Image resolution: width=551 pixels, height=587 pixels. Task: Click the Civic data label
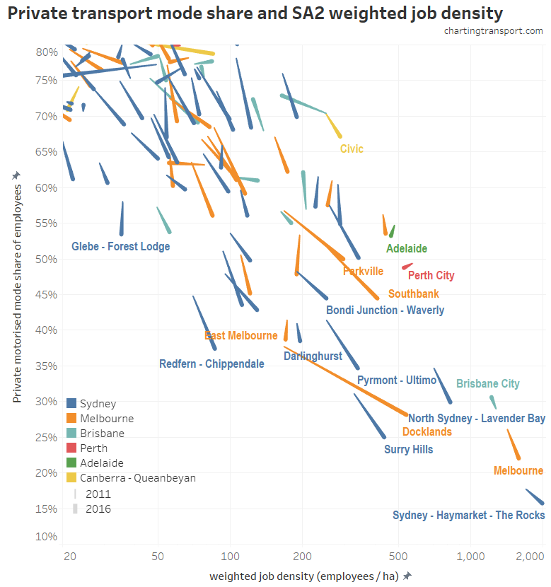(352, 149)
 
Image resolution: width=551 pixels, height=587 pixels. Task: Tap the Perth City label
(431, 276)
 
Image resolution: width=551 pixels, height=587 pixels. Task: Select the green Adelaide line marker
(391, 231)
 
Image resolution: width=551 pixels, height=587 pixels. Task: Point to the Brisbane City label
(487, 384)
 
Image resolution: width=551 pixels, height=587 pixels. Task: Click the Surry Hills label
(408, 449)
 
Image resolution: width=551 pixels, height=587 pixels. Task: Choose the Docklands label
(427, 431)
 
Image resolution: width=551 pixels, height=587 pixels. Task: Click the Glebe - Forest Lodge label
(121, 247)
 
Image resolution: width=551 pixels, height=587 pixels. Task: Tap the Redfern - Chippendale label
(211, 364)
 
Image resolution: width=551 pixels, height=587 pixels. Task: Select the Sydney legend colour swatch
(71, 404)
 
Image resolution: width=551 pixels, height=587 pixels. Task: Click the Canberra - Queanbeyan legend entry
(137, 478)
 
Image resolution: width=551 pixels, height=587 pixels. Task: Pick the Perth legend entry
(93, 448)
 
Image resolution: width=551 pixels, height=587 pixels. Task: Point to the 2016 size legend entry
(98, 508)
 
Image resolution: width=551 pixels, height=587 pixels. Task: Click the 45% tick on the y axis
(47, 295)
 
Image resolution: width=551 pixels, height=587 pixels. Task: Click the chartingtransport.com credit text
(493, 30)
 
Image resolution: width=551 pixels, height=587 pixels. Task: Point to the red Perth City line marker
(407, 267)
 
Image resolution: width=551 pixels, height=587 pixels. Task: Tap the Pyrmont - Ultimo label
(397, 380)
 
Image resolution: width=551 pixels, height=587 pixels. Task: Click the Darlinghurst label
(313, 356)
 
